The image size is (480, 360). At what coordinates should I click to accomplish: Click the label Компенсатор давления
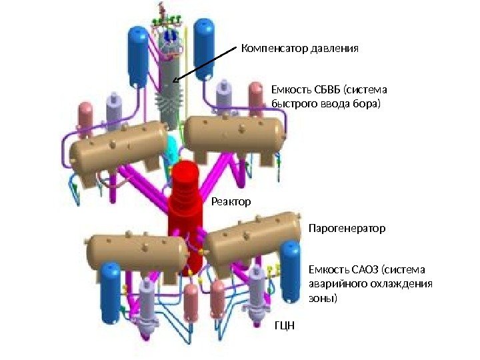tap(300, 49)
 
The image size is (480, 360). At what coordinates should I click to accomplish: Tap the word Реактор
tap(231, 201)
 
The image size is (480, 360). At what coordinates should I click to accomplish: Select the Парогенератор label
tap(347, 229)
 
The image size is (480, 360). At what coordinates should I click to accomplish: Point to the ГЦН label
tap(284, 327)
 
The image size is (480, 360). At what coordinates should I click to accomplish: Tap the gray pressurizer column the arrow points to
tap(172, 87)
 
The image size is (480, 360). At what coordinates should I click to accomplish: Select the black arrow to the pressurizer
tap(203, 64)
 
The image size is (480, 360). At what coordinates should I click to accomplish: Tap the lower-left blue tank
tap(111, 292)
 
